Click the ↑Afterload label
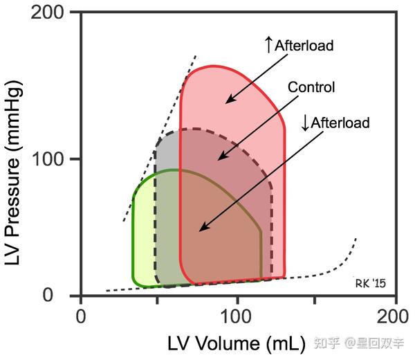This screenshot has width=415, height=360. [299, 46]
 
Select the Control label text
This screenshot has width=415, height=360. [311, 87]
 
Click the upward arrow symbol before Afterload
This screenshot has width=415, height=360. [269, 46]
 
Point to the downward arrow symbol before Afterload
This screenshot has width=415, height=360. [306, 123]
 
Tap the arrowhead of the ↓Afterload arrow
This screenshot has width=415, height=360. [199, 231]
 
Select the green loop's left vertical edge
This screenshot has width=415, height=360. [132, 235]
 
